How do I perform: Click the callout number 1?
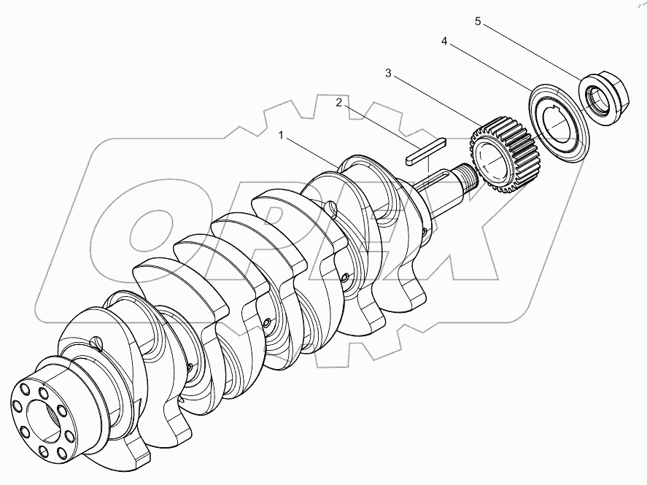[x=282, y=135]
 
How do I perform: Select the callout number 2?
[x=338, y=102]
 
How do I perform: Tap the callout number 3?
[x=388, y=74]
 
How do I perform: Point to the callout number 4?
[x=444, y=42]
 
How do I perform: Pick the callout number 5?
[x=478, y=21]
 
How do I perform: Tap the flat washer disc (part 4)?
[x=559, y=123]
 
